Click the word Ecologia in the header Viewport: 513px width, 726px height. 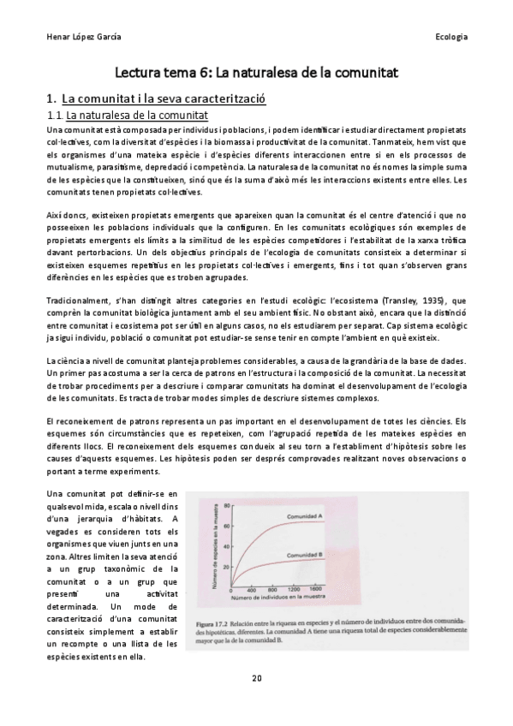[450, 37]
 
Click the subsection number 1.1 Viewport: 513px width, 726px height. [54, 114]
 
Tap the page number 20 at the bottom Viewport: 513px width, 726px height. [256, 678]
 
